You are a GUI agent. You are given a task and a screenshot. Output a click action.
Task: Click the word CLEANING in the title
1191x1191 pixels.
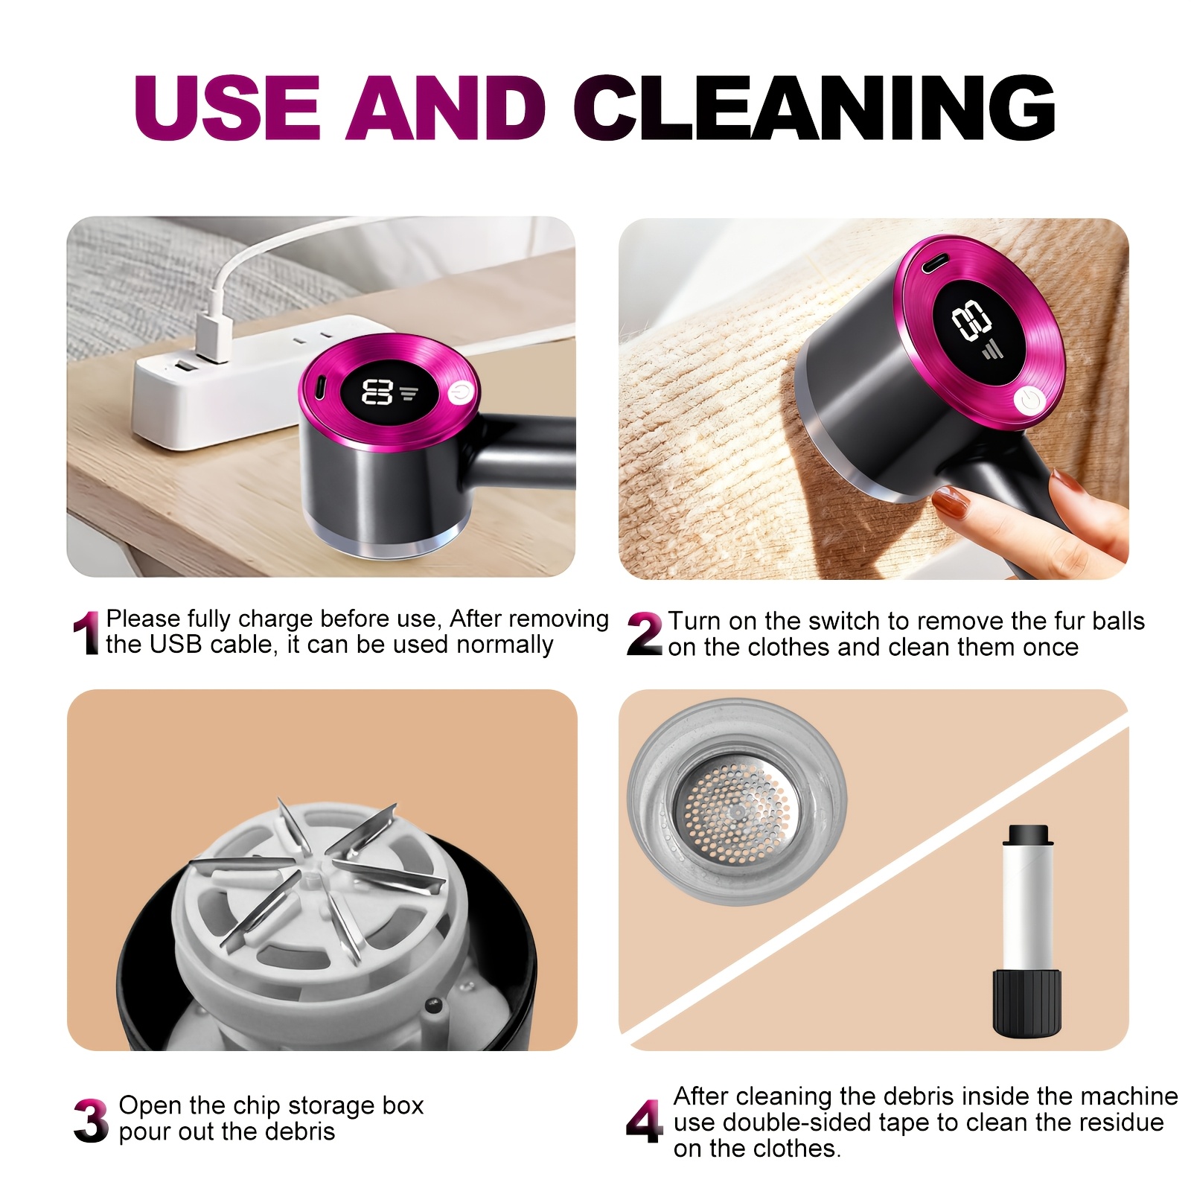tap(814, 108)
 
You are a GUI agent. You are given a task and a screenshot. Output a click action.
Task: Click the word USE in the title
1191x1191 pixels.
tap(227, 108)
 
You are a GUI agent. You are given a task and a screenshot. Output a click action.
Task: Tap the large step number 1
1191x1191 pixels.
tap(86, 633)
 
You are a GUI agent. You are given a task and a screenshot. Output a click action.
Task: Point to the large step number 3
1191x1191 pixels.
tap(91, 1120)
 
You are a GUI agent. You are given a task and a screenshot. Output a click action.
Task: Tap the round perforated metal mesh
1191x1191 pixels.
tap(733, 809)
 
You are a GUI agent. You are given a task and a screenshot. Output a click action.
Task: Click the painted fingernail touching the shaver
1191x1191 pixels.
tap(950, 502)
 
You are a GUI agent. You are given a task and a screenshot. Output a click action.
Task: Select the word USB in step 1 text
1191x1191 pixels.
tap(176, 645)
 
